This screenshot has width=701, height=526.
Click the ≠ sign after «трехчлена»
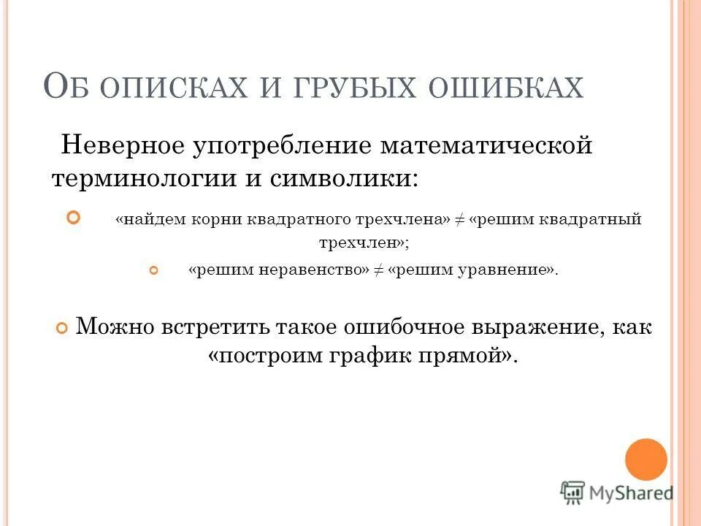coord(460,220)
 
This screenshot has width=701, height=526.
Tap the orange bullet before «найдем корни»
coord(72,217)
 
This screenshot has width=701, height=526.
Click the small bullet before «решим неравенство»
coord(153,271)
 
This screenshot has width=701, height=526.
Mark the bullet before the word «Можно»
coord(62,328)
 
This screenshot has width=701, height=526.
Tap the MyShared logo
coord(617,493)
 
